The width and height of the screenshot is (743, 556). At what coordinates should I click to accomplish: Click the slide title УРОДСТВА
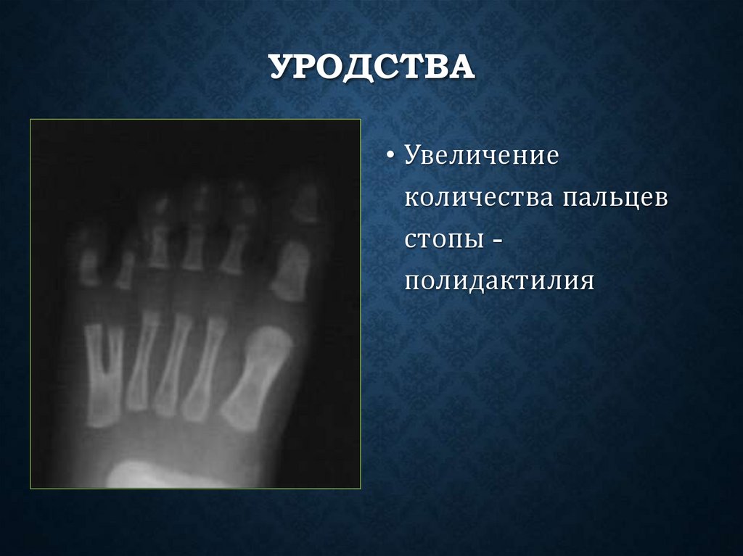click(x=371, y=69)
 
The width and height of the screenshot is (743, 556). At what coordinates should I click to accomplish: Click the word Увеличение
click(x=481, y=158)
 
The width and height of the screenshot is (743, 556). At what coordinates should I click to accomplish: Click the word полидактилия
click(x=500, y=280)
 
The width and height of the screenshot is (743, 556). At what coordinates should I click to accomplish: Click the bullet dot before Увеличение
click(x=390, y=158)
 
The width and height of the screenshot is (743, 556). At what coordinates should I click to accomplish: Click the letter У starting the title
click(x=281, y=69)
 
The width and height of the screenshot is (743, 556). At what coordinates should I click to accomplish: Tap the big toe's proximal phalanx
click(x=292, y=270)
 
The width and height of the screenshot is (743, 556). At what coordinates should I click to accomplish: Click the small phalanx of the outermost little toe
click(x=89, y=265)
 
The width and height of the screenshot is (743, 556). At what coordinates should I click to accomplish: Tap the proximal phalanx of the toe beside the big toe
click(x=234, y=250)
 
